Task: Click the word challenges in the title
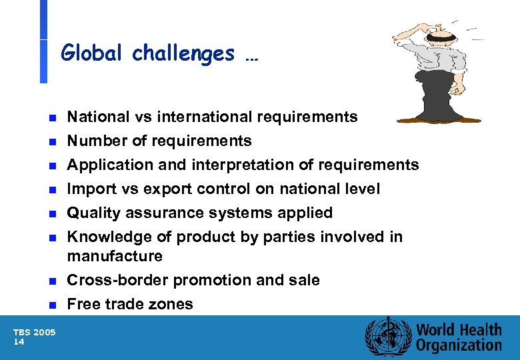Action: [x=183, y=53]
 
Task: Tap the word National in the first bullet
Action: [x=97, y=117]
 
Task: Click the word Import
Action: [x=89, y=189]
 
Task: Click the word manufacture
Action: [x=115, y=256]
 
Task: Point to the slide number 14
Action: [x=19, y=341]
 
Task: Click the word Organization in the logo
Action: [x=459, y=345]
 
